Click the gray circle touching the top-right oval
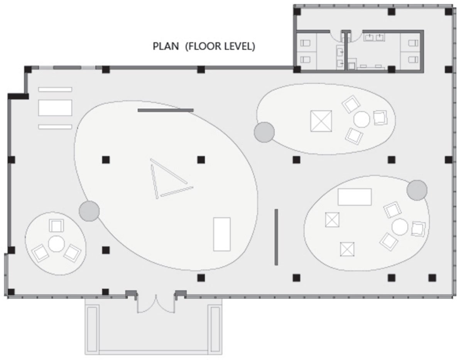(x=264, y=132)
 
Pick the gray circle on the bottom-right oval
(x=417, y=190)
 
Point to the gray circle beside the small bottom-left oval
(x=89, y=211)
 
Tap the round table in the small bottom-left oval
(x=56, y=243)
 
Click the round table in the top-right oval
(x=362, y=119)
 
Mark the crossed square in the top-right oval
(x=321, y=121)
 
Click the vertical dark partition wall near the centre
(x=276, y=237)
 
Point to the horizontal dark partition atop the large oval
(x=165, y=110)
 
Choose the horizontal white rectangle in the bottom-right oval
(x=355, y=197)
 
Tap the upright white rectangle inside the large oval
(x=222, y=234)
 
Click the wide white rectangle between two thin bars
(x=55, y=108)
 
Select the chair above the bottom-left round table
(x=56, y=225)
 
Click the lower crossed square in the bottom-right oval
(x=347, y=249)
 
